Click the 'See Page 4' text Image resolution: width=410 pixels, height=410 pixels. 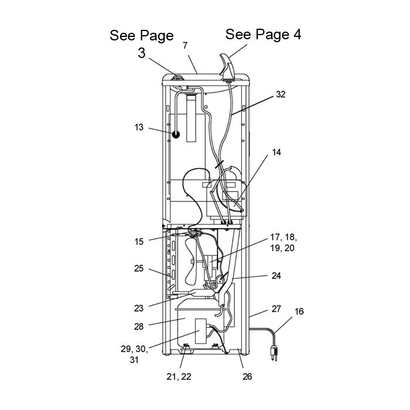pyautogui.click(x=263, y=35)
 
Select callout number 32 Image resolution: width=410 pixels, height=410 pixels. pyautogui.click(x=280, y=95)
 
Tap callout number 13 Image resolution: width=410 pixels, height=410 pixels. pyautogui.click(x=139, y=126)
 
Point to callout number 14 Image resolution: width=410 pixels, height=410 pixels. pyautogui.click(x=276, y=152)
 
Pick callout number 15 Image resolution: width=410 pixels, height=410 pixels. pyautogui.click(x=139, y=241)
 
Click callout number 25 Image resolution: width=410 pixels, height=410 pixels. pyautogui.click(x=139, y=268)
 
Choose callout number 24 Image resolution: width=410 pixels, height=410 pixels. pyautogui.click(x=276, y=275)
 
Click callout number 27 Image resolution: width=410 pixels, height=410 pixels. pyautogui.click(x=276, y=309)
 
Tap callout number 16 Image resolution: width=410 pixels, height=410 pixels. pyautogui.click(x=299, y=312)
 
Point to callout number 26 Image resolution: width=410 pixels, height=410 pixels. pyautogui.click(x=247, y=377)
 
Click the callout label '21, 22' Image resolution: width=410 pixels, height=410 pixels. pyautogui.click(x=179, y=377)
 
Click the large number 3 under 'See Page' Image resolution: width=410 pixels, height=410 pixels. pyautogui.click(x=142, y=53)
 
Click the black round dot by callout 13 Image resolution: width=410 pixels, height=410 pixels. pyautogui.click(x=175, y=134)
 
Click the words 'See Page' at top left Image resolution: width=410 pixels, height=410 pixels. pyautogui.click(x=142, y=36)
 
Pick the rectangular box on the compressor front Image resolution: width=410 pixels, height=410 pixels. pyautogui.click(x=201, y=330)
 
